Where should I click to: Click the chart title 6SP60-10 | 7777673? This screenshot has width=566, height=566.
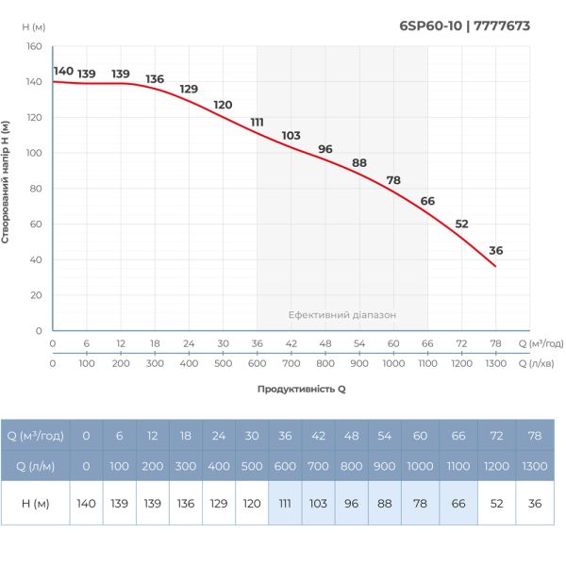tap(465, 25)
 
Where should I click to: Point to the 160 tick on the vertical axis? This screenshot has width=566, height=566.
tap(34, 46)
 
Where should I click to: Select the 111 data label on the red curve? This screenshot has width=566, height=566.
tap(257, 122)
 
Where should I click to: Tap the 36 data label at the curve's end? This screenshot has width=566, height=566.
tap(496, 250)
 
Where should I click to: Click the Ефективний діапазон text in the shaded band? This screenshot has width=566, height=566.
tap(341, 315)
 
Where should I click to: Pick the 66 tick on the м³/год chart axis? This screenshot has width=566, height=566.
tap(427, 343)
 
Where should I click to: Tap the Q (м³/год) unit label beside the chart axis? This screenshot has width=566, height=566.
tap(541, 343)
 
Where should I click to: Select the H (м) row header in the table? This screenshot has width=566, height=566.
tap(36, 504)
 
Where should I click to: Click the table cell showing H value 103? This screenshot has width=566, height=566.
tap(318, 504)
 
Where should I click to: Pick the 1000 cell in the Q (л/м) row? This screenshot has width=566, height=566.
tap(420, 466)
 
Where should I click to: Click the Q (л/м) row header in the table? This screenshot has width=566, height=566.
tap(36, 466)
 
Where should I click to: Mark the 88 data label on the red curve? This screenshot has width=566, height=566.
tap(358, 162)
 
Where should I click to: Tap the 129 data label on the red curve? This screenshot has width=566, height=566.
tap(189, 90)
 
